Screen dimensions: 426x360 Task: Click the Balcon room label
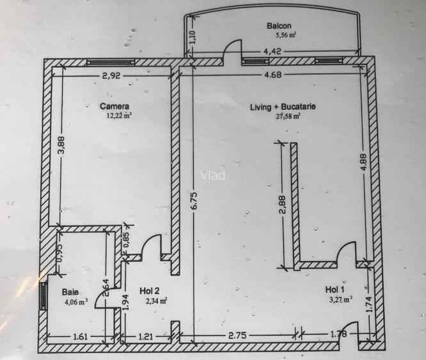pos(279,26)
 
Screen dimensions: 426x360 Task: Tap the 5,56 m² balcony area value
pos(286,35)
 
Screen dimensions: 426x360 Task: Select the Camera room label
pos(114,106)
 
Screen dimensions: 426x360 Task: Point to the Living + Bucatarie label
pos(283,107)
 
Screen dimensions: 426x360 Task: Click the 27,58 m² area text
pos(288,117)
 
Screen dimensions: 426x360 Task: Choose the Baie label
pos(70,292)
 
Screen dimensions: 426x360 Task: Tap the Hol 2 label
pos(150,291)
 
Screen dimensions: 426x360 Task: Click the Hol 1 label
pos(335,290)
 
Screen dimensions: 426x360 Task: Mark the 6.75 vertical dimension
pos(194,201)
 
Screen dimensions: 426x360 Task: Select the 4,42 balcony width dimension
pos(272,51)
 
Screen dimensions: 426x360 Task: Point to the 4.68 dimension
pos(272,74)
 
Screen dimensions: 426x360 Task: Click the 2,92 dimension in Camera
pos(111,75)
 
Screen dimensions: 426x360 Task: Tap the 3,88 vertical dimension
pos(61,145)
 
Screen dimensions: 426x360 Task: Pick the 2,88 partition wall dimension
pos(283,205)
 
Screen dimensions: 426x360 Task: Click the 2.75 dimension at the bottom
pos(237,336)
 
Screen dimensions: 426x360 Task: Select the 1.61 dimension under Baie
pos(81,337)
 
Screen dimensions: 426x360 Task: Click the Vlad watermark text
pos(213,175)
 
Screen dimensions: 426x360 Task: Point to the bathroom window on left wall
pos(43,296)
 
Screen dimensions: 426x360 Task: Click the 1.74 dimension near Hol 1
pos(369,304)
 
